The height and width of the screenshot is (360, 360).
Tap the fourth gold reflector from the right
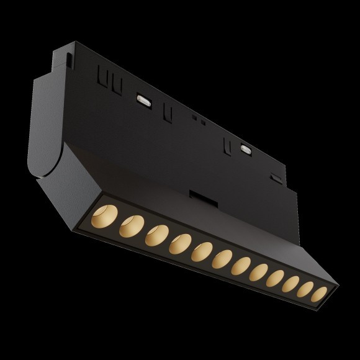pos(276,279)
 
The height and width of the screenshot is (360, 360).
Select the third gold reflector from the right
pos(291,285)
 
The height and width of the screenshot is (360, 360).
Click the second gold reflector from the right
pos(305,290)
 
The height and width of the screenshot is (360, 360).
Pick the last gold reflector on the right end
pos(319,295)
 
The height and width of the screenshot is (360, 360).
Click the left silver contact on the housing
pos(143,99)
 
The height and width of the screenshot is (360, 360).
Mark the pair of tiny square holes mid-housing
pos(197,119)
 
